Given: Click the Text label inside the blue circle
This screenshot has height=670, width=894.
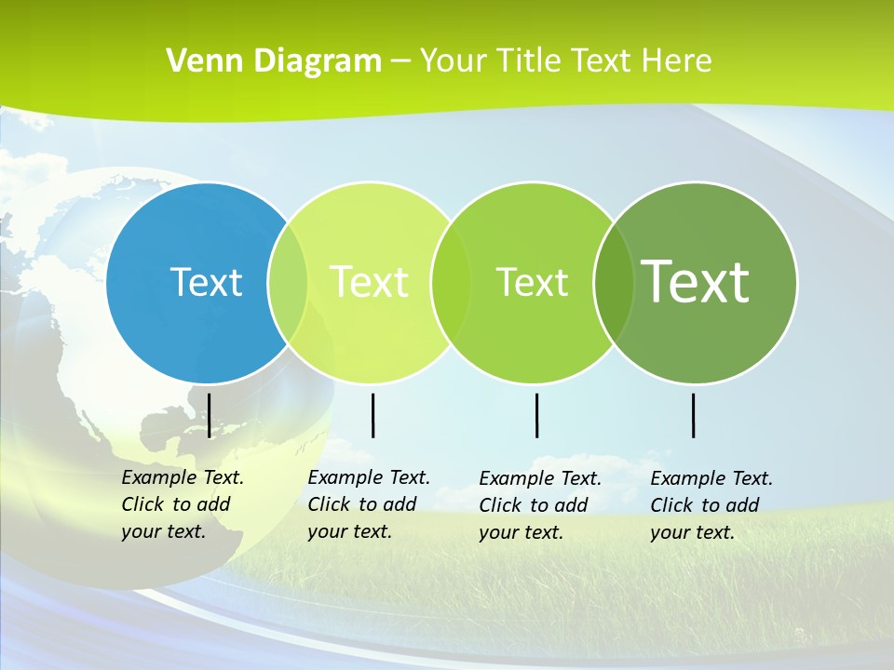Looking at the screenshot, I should [x=206, y=282].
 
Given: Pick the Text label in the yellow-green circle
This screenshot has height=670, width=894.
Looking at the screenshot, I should [x=369, y=282].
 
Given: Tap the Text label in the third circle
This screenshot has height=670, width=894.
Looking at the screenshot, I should [x=532, y=282].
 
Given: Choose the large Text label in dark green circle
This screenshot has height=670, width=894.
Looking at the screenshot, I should [x=696, y=281].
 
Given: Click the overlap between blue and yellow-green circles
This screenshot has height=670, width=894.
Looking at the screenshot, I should [x=288, y=283].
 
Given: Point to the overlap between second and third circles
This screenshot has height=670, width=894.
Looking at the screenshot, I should [x=451, y=283].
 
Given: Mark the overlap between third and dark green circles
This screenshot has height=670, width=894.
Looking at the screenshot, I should [x=614, y=283].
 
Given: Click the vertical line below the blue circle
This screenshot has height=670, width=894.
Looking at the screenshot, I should [x=210, y=415].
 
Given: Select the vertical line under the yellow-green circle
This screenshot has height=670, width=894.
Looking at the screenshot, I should [x=372, y=415].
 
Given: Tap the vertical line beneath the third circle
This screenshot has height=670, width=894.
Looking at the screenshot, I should [x=536, y=415].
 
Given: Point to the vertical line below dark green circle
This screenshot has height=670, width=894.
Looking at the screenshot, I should [x=694, y=415].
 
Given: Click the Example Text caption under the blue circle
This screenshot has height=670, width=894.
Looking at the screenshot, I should [x=183, y=504].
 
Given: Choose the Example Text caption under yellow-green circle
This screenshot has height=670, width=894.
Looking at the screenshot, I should [x=369, y=504].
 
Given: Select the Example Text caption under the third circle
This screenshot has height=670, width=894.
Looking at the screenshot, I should [x=540, y=505].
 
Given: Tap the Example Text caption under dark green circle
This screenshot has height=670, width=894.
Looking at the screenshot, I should [x=711, y=505].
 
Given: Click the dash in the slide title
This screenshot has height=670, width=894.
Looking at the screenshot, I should [x=400, y=61].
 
